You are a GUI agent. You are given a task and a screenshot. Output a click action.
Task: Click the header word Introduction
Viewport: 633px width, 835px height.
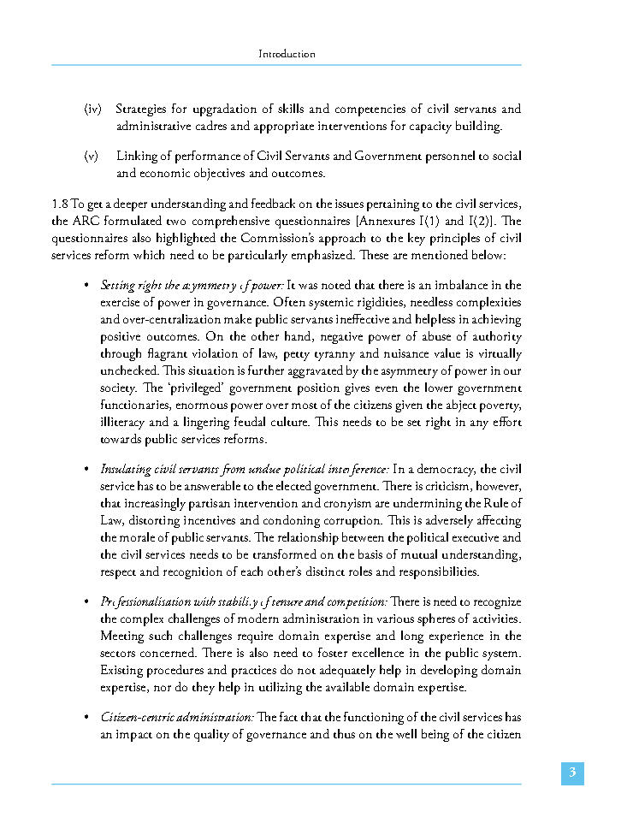click(x=287, y=54)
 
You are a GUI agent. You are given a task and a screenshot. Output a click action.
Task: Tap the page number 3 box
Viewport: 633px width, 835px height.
click(x=572, y=773)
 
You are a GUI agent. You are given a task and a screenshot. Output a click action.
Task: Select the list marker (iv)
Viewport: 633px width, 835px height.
click(x=93, y=110)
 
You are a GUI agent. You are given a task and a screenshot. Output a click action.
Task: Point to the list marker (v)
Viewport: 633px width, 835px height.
click(x=92, y=157)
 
